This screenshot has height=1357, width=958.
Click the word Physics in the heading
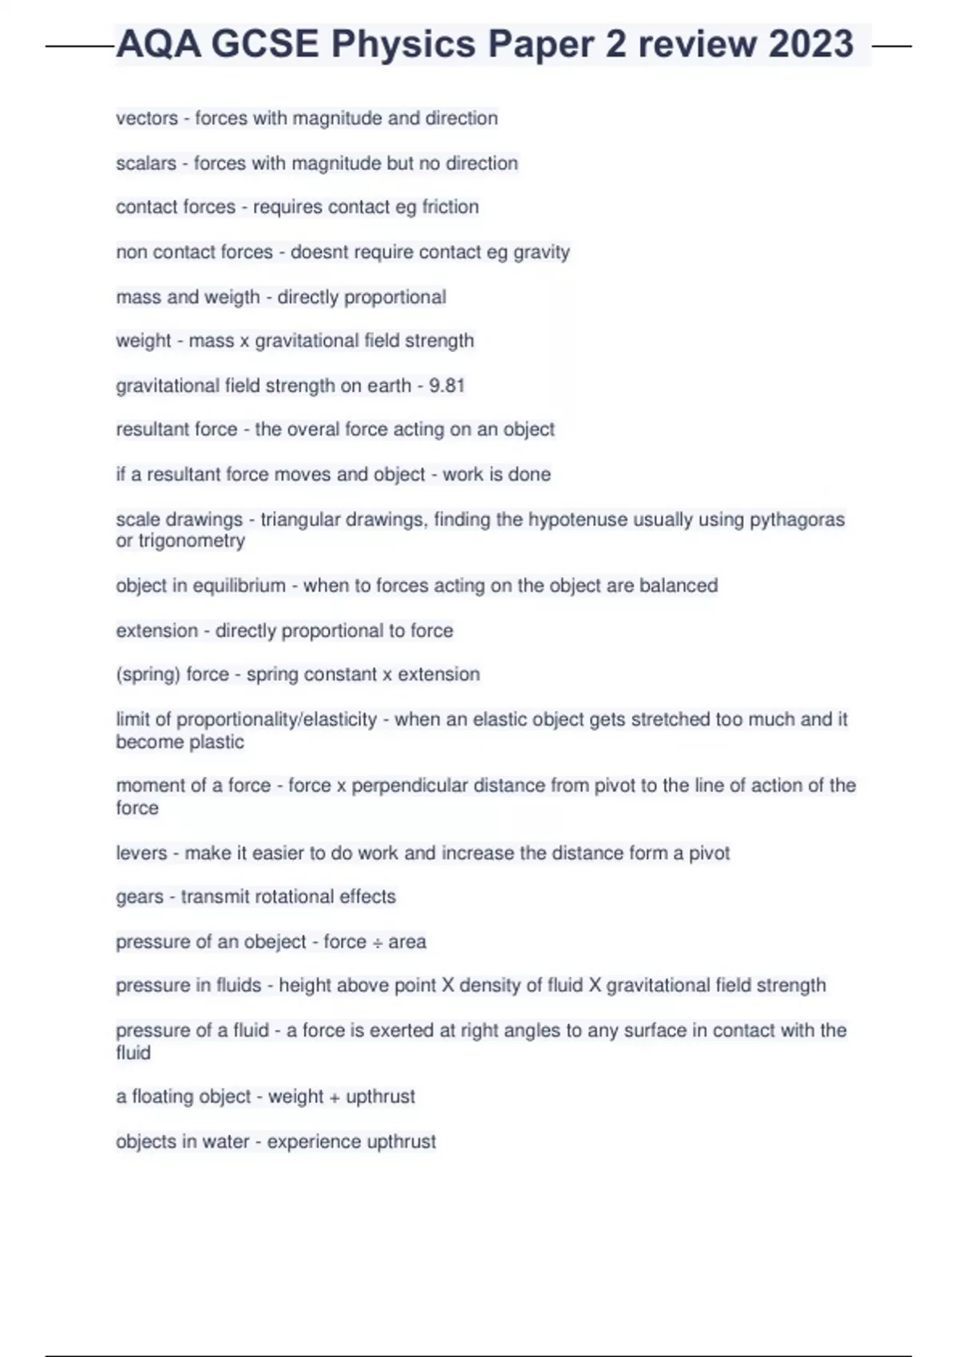pos(403,44)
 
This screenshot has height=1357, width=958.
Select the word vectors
pos(147,118)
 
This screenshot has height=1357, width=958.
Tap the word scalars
pos(146,163)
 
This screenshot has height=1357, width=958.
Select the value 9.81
pos(447,386)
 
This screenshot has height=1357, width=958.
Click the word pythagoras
pos(797,520)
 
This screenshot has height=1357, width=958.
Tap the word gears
pos(139,897)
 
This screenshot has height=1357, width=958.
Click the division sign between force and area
pos(377,942)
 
